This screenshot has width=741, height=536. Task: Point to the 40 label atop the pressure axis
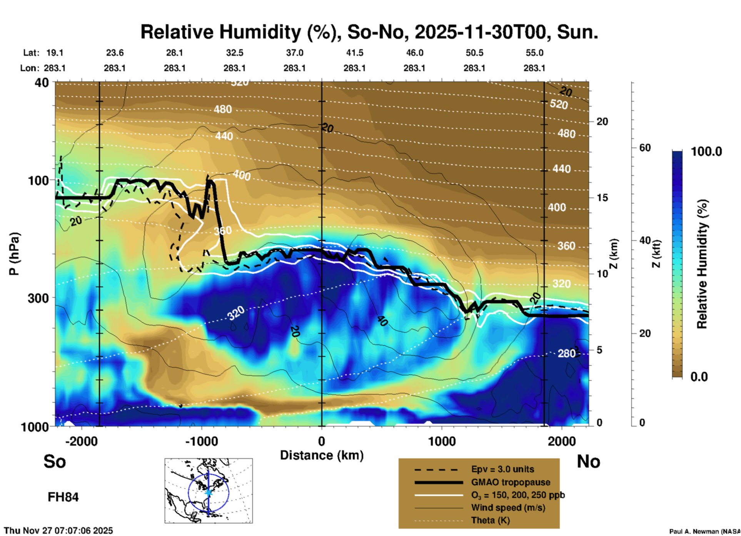tap(42, 82)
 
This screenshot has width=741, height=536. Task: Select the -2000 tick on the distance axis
tap(81, 441)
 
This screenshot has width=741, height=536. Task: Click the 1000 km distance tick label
tap(442, 441)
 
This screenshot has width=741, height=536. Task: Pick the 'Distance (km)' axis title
tap(322, 455)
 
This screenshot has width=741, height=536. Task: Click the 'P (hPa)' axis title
tap(14, 253)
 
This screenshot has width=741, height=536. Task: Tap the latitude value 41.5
tap(354, 53)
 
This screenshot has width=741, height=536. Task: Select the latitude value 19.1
tap(55, 53)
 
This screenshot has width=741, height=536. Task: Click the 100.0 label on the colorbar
tap(706, 151)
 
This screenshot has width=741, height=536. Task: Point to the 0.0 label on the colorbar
tap(699, 376)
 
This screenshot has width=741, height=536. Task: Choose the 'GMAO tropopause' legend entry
tap(511, 482)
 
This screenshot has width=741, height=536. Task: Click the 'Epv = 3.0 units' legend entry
tap(502, 469)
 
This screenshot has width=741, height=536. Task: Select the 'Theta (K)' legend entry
tap(490, 520)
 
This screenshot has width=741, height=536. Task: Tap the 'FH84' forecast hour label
tap(63, 497)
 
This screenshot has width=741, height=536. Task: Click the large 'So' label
tap(55, 461)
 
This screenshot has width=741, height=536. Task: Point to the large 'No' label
tap(588, 461)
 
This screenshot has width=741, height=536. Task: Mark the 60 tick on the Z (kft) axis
tap(645, 148)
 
